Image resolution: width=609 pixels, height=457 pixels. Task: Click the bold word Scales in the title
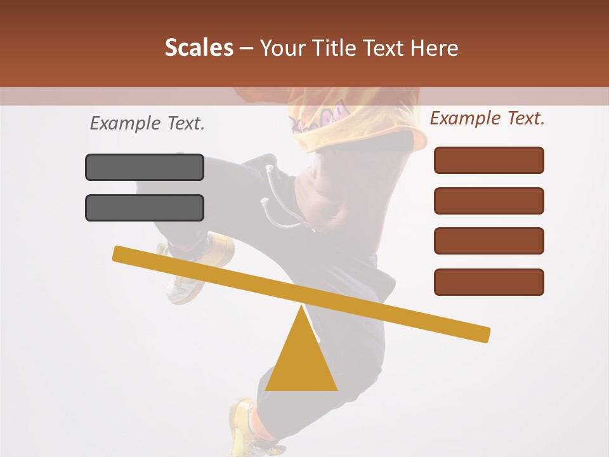tap(199, 48)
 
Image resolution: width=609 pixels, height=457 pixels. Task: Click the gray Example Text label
tap(147, 124)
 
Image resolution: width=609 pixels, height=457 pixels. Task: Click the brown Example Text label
tap(487, 118)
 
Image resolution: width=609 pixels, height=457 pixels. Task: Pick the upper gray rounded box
tap(145, 167)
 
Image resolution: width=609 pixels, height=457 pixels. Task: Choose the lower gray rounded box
tap(145, 208)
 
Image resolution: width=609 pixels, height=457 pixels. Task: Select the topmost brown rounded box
tap(489, 160)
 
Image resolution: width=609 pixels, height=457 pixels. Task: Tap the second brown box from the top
tap(489, 201)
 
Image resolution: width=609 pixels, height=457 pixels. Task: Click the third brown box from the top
tap(489, 241)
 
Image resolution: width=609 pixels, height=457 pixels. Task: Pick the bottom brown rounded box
tap(489, 282)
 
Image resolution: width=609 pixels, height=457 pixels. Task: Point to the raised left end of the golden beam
tap(121, 253)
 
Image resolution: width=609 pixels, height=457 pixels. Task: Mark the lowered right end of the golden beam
tap(482, 334)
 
